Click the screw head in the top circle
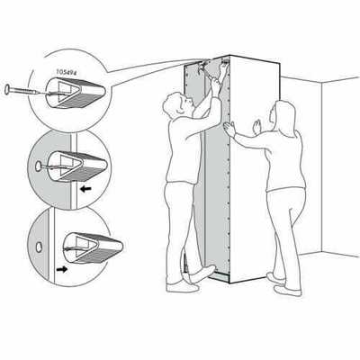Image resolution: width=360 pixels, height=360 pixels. (7, 89)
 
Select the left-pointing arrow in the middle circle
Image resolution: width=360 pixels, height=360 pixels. (86, 189)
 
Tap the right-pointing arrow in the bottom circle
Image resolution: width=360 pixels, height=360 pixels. (62, 269)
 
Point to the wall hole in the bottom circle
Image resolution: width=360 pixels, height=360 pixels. (39, 247)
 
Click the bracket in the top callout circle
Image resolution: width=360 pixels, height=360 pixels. (75, 93)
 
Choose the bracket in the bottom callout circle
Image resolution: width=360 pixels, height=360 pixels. (93, 247)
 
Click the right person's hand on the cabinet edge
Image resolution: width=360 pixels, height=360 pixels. (230, 130)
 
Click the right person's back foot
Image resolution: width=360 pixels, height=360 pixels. (275, 278)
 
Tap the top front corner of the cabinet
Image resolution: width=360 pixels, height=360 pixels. (229, 56)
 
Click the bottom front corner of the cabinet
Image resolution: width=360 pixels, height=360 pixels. (229, 283)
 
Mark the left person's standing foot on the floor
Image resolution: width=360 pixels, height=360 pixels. (183, 288)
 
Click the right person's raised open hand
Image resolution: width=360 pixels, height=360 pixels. (256, 127)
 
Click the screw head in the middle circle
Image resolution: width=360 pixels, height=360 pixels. (39, 166)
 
